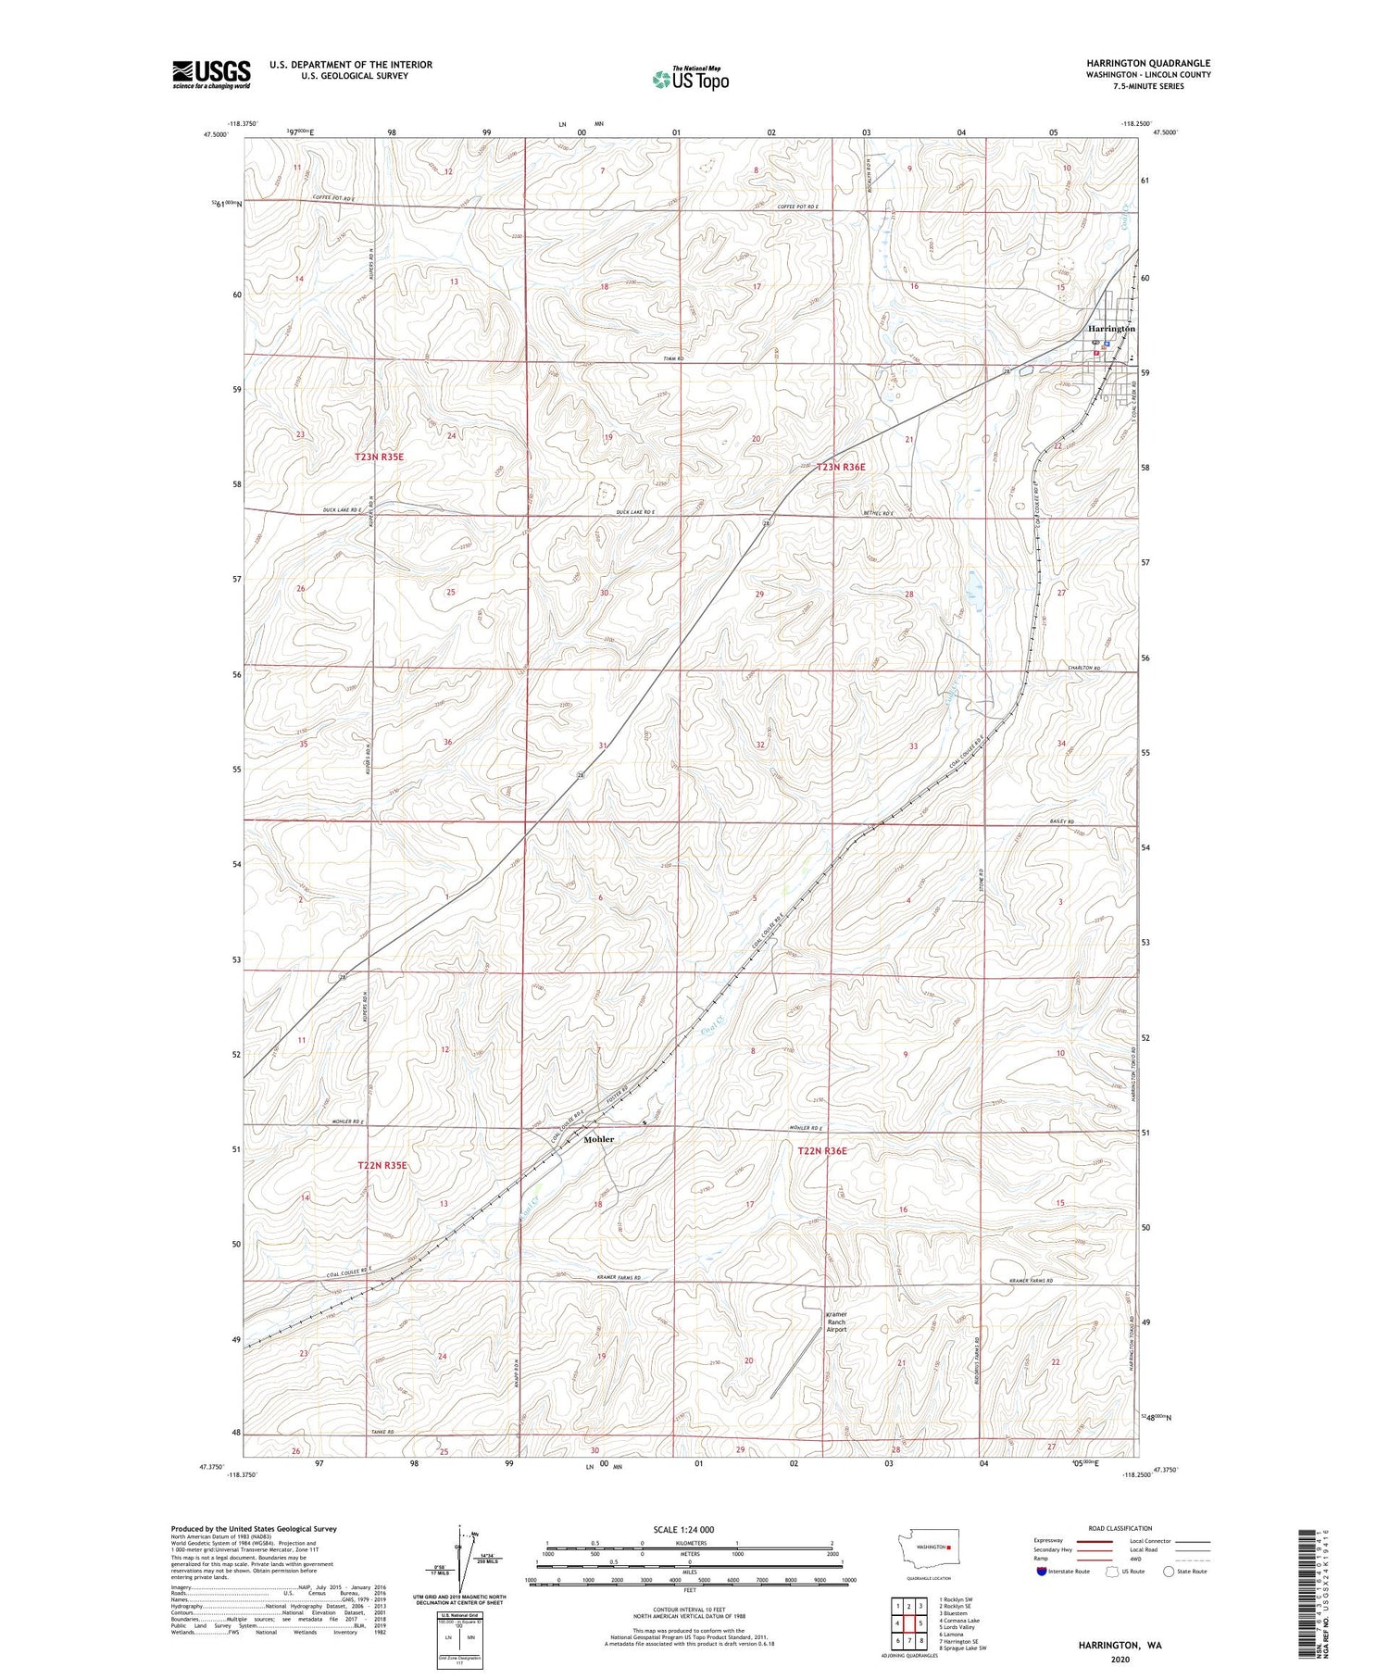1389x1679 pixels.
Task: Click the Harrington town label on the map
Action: [1111, 329]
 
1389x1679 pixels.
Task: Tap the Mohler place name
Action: [598, 1139]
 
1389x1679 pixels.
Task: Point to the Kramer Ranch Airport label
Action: [836, 1322]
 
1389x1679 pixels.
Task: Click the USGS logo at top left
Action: [211, 74]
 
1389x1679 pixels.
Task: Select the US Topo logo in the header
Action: [690, 80]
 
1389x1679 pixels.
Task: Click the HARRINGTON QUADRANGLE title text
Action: [1148, 64]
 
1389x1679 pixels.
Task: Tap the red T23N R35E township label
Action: [380, 457]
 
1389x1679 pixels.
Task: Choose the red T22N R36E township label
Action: [822, 1151]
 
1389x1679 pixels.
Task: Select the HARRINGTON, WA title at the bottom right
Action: [1120, 1645]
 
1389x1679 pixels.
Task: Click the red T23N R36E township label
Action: [840, 468]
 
